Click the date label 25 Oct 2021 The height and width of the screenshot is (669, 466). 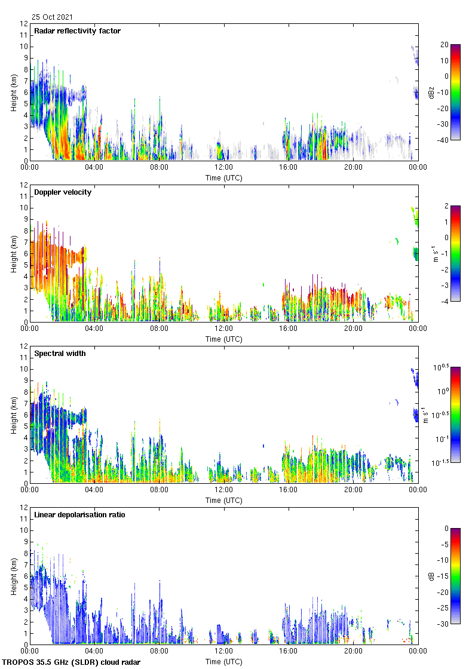point(52,17)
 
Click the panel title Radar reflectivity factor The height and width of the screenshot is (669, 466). point(77,31)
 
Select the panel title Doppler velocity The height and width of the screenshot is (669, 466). point(63,192)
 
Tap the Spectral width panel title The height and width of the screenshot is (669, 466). point(60,354)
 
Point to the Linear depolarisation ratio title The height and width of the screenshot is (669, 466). point(79,515)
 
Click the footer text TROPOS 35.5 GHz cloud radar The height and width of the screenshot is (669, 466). point(72,662)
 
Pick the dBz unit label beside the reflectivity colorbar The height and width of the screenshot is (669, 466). point(432,93)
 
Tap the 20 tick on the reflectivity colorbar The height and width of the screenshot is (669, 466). point(444,45)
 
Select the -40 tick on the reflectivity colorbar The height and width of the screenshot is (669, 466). point(444,140)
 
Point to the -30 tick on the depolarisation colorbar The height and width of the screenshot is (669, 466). point(444,624)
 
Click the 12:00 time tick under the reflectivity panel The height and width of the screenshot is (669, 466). point(224,168)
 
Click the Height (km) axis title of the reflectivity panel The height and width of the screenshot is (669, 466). point(13,92)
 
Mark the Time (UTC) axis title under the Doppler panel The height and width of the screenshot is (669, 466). point(224,339)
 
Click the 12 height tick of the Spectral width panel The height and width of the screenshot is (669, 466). point(23,346)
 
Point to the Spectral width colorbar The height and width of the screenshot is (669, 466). point(455,415)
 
